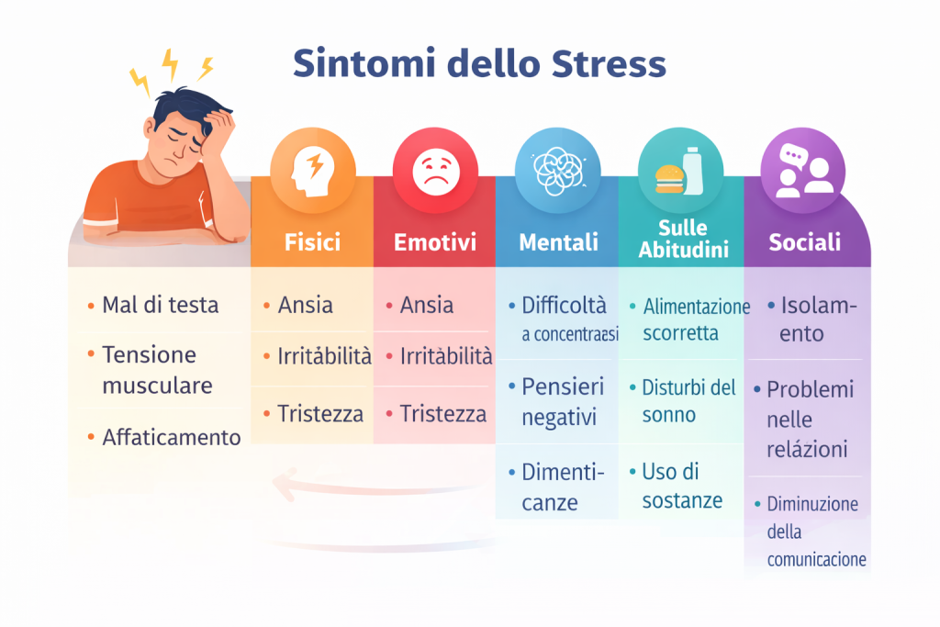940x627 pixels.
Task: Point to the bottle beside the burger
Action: coord(694,170)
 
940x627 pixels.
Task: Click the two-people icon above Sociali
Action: coord(805,172)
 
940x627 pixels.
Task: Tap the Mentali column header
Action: coord(558,242)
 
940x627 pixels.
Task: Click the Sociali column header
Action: coord(805,242)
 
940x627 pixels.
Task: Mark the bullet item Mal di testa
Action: coord(160,305)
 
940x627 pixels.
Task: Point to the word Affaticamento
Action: coord(171,437)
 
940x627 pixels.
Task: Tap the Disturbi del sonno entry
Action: coord(688,400)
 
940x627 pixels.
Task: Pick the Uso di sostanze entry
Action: coord(682,486)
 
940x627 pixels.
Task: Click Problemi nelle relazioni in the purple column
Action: coord(811,419)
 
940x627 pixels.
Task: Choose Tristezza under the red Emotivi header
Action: coord(442,414)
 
